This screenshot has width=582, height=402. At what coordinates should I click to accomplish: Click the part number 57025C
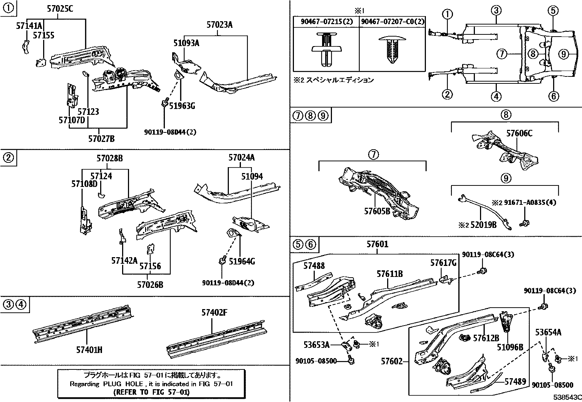[60, 9]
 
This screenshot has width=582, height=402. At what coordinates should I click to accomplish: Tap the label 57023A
[220, 25]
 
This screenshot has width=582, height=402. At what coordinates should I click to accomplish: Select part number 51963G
[182, 106]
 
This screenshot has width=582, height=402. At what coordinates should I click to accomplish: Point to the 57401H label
[89, 350]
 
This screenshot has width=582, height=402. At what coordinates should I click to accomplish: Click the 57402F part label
[214, 312]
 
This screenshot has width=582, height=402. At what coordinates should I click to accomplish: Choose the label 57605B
[377, 211]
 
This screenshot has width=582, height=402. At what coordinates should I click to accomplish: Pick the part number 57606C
[519, 134]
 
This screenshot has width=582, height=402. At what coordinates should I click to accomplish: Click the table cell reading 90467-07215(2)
[327, 22]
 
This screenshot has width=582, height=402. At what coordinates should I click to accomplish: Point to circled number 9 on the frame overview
[563, 55]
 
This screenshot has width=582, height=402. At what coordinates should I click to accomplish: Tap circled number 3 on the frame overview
[496, 11]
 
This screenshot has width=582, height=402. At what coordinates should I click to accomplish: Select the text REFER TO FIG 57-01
[151, 392]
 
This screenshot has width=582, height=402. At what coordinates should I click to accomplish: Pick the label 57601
[378, 244]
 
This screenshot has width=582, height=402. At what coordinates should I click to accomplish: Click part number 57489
[515, 382]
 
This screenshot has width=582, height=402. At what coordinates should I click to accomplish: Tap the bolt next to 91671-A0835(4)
[524, 223]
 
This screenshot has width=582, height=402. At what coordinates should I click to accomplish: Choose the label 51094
[252, 177]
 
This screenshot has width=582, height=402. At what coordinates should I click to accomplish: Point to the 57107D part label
[72, 120]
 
